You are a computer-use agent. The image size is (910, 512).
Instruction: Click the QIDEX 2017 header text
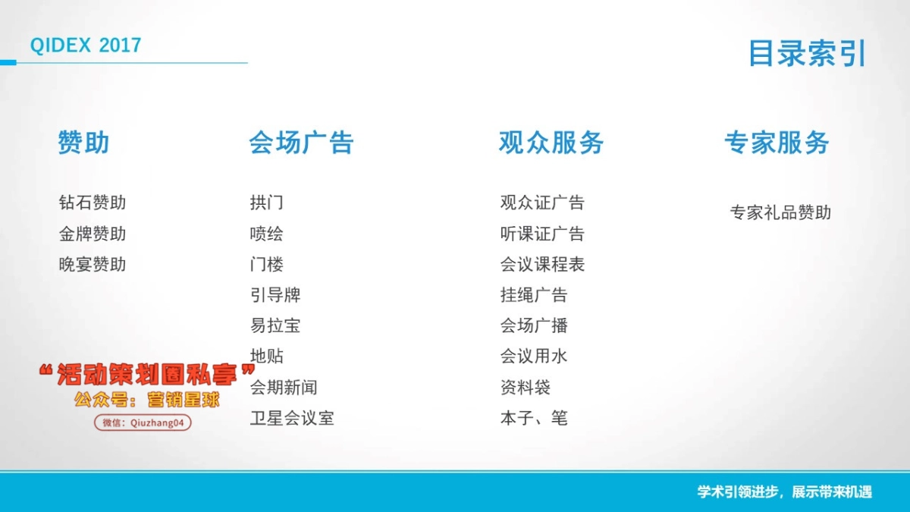[86, 45]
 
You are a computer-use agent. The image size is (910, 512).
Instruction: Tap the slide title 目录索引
[807, 53]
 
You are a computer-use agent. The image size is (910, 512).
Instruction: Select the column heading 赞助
[83, 143]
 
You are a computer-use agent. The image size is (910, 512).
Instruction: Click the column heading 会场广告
[301, 143]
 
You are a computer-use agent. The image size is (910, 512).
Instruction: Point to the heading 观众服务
[551, 143]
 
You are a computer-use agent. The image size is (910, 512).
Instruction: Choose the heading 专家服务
[777, 143]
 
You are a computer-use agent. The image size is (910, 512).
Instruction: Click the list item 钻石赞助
[93, 203]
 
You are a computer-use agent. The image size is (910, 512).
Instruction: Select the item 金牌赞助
[93, 234]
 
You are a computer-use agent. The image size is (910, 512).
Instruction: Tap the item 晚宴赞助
[93, 265]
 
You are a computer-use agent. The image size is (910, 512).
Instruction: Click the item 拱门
[266, 203]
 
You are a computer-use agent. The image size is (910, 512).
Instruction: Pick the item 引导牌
[275, 295]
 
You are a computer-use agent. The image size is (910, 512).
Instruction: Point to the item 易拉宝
[275, 325]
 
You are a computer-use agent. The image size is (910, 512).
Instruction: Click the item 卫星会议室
[292, 418]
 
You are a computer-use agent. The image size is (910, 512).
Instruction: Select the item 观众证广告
[542, 203]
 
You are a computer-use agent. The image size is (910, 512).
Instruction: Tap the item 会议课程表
[542, 265]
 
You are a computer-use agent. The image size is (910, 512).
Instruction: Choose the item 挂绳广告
[534, 295]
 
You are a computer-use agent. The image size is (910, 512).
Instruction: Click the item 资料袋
[526, 388]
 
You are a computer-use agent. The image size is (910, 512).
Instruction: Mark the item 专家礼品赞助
[780, 212]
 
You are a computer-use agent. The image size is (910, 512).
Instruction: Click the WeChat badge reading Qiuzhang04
[143, 423]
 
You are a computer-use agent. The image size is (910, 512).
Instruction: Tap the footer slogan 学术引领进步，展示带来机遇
[785, 492]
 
